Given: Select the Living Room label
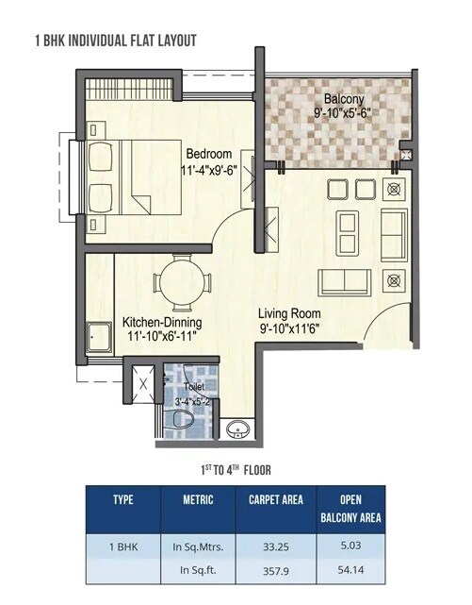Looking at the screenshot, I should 291,313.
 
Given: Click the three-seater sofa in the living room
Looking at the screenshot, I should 346,281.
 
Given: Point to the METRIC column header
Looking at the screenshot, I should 198,499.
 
